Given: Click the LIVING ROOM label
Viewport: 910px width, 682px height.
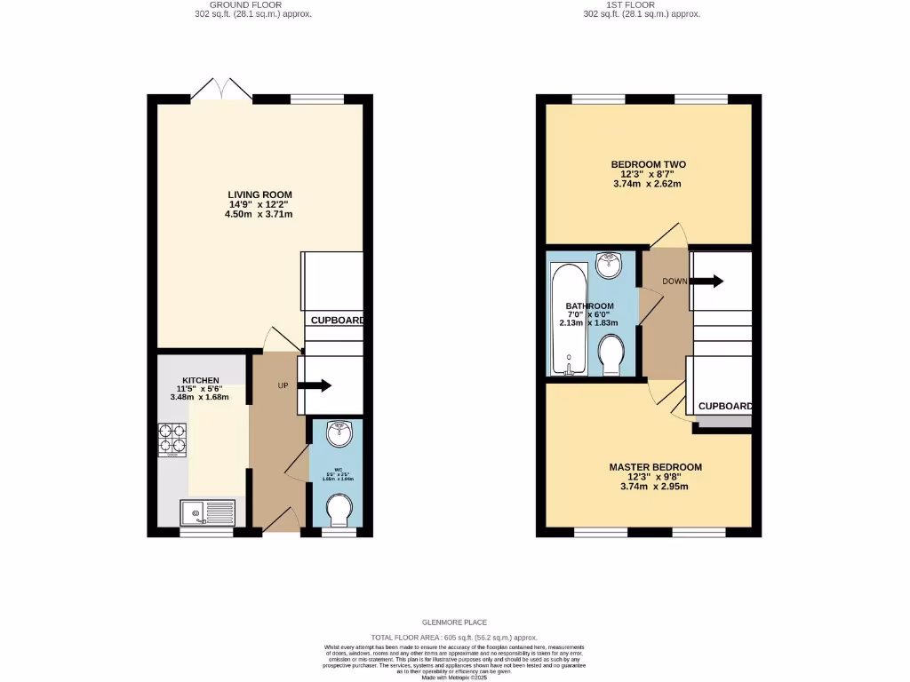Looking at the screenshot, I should pyautogui.click(x=259, y=194).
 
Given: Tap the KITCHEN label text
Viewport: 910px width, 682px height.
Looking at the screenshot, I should pyautogui.click(x=200, y=380).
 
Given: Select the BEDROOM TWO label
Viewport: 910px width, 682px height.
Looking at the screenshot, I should pyautogui.click(x=648, y=164).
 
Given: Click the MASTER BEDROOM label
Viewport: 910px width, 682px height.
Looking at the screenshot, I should pyautogui.click(x=655, y=467).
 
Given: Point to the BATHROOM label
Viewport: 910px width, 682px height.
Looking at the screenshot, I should pyautogui.click(x=589, y=306).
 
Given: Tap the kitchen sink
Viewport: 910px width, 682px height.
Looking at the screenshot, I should pyautogui.click(x=206, y=512).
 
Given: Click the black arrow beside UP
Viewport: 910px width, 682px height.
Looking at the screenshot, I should pyautogui.click(x=315, y=385).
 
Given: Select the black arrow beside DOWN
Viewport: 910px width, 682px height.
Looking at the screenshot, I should pyautogui.click(x=706, y=282).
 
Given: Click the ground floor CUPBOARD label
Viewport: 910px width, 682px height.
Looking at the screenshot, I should pyautogui.click(x=336, y=320).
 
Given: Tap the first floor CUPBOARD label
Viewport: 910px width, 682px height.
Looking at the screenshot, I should pyautogui.click(x=724, y=407).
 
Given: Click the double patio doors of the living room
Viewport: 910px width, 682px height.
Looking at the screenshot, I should pyautogui.click(x=222, y=89).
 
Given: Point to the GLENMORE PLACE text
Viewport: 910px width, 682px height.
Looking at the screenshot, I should pyautogui.click(x=455, y=623).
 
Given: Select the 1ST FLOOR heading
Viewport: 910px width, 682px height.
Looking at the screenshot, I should pyautogui.click(x=631, y=4).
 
